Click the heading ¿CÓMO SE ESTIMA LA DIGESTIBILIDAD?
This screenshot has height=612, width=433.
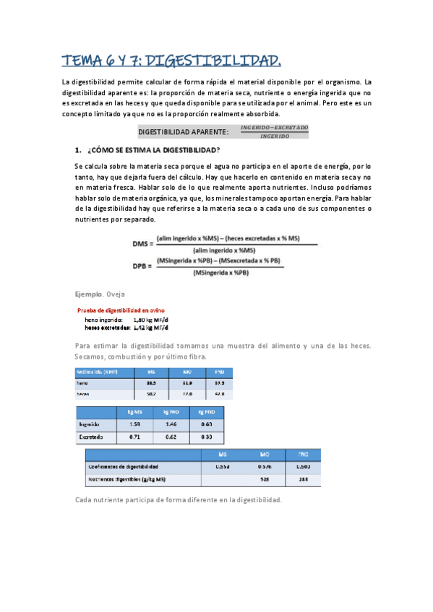(x=153, y=150)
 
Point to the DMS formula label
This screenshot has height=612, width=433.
(x=142, y=244)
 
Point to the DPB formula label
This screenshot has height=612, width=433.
(x=142, y=266)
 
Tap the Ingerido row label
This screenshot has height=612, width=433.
(x=90, y=424)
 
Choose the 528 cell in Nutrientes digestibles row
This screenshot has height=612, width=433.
(x=265, y=479)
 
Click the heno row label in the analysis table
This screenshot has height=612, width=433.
(x=82, y=383)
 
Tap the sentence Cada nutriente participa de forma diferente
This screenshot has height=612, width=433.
(x=178, y=500)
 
